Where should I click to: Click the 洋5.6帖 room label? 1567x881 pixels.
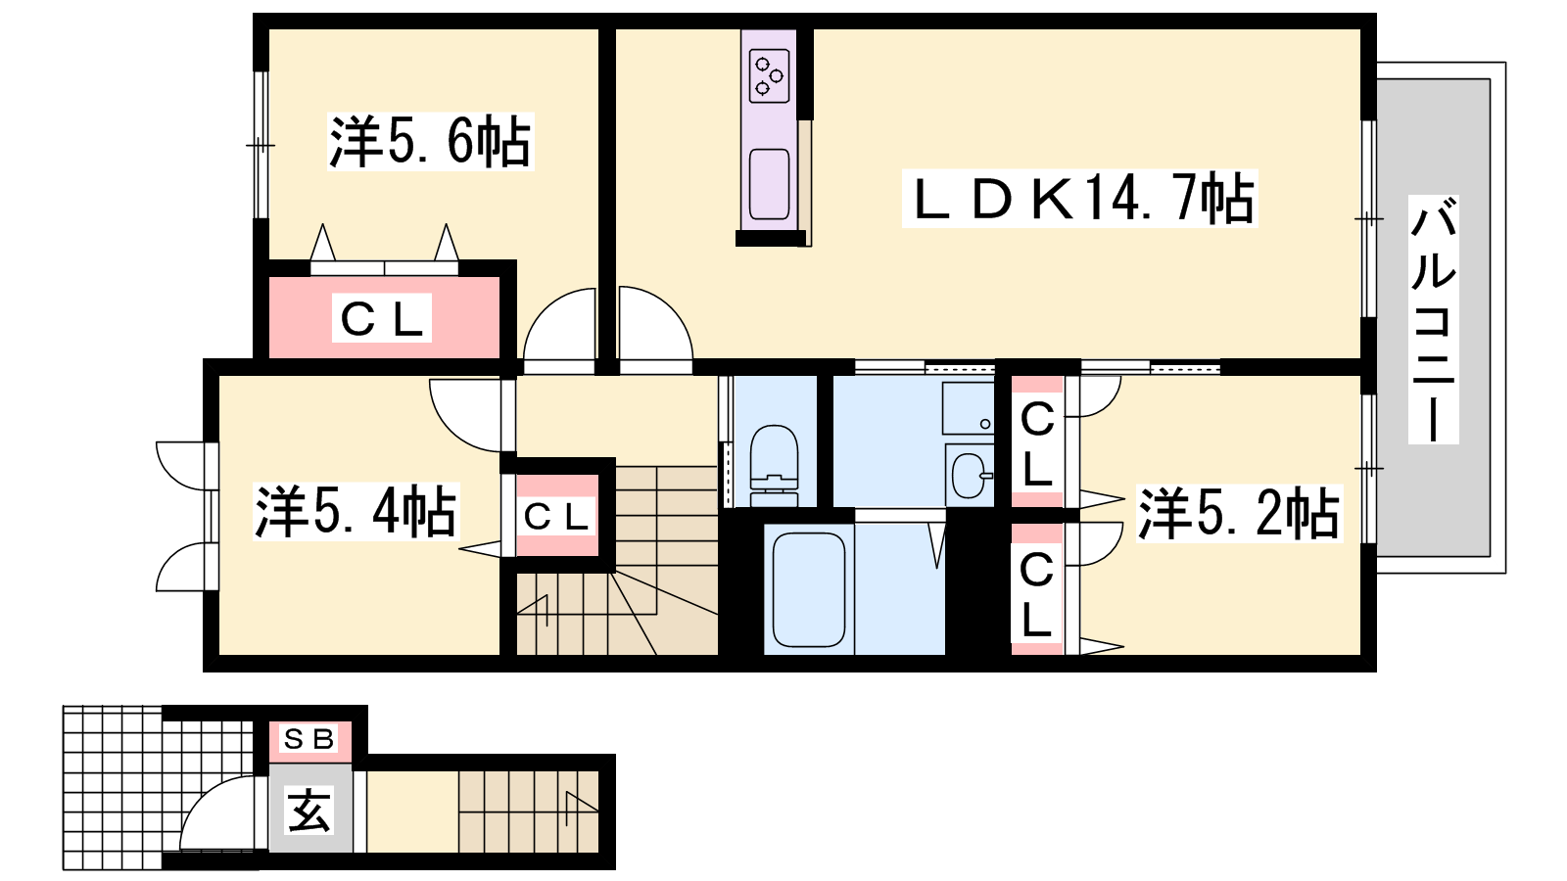click(x=430, y=142)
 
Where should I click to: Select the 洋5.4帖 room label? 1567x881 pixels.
click(x=356, y=511)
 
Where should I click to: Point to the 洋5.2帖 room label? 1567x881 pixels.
click(x=1238, y=513)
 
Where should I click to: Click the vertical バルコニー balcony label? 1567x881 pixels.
click(x=1434, y=319)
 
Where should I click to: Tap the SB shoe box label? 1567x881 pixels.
click(x=309, y=738)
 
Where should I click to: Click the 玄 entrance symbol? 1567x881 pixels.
click(x=309, y=811)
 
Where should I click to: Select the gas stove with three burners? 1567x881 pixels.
click(x=770, y=74)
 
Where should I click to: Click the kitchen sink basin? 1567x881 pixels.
click(x=770, y=184)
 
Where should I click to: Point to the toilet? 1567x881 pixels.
click(x=774, y=465)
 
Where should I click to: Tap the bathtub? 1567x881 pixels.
click(x=809, y=589)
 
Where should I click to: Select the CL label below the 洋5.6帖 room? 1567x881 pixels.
click(x=382, y=318)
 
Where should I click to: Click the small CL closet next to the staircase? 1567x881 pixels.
click(x=557, y=516)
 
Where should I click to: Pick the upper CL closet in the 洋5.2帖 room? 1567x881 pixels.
click(x=1037, y=441)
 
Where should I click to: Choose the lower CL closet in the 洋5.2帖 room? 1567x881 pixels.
click(x=1037, y=589)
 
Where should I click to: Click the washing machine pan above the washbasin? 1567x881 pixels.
click(x=969, y=408)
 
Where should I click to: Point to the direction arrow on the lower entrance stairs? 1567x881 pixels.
click(x=581, y=806)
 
